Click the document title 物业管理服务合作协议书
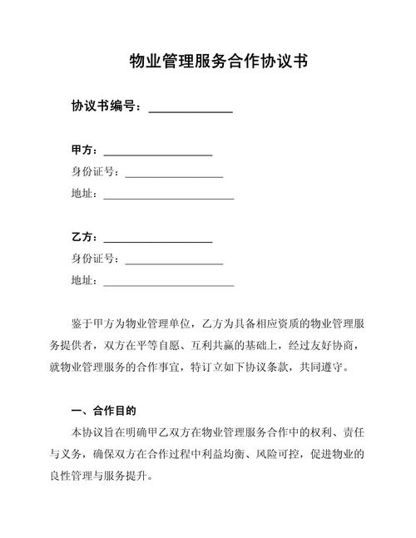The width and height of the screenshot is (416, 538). coord(214,62)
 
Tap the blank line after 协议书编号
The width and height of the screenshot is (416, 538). coord(190,110)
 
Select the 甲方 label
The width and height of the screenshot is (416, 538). coord(83,151)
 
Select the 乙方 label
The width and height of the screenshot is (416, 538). coord(83,238)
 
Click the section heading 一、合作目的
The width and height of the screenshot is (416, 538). coord(104,411)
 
